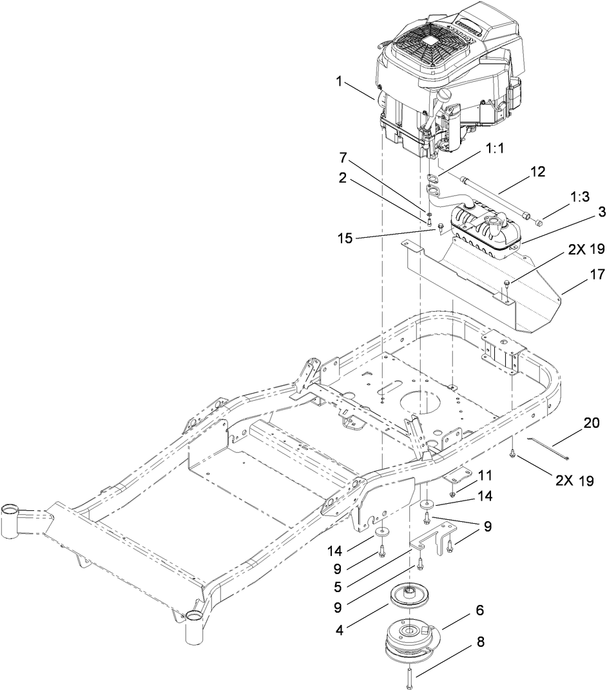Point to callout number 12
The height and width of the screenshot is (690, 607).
537,172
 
